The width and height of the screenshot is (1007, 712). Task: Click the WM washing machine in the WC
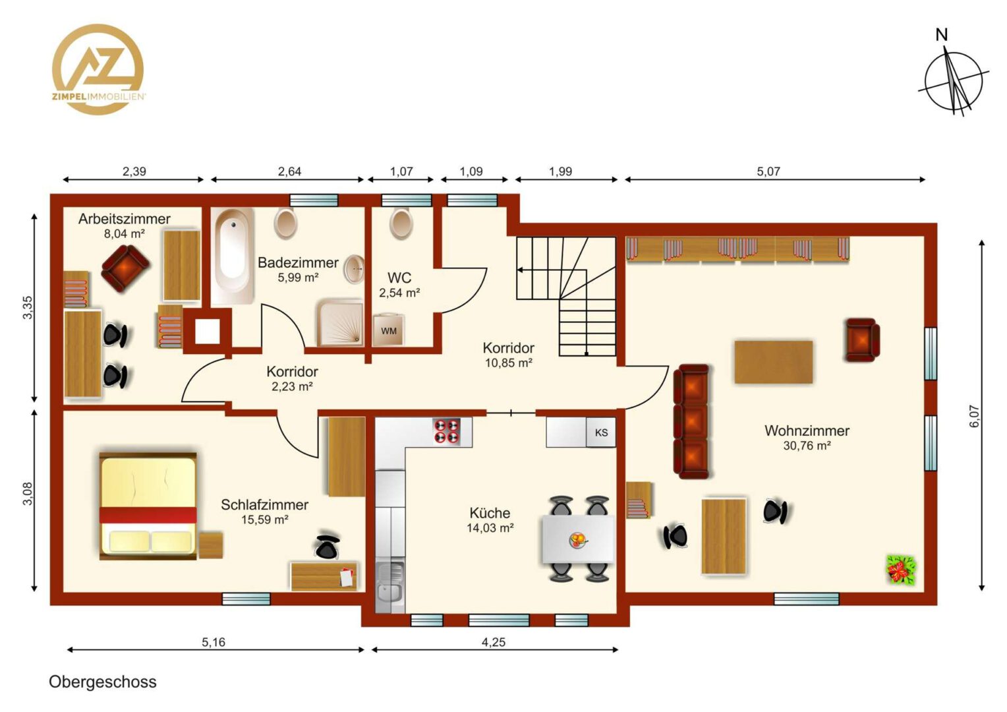(389, 330)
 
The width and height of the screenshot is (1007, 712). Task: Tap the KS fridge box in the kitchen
(601, 432)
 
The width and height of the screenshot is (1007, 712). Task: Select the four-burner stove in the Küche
(447, 432)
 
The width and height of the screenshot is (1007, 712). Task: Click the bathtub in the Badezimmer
(233, 256)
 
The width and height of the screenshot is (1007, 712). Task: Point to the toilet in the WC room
(401, 223)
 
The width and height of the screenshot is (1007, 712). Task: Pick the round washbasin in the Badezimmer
(355, 269)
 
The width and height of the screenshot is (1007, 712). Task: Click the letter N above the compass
(941, 35)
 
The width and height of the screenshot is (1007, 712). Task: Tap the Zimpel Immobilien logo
(98, 69)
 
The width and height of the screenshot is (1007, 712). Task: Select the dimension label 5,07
(768, 171)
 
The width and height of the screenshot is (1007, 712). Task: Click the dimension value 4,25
(494, 642)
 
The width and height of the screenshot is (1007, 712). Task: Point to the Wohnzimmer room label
(807, 430)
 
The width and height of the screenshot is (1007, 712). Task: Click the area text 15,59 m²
(265, 519)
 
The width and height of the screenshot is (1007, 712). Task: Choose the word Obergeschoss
(103, 682)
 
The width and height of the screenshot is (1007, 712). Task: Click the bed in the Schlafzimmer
(148, 506)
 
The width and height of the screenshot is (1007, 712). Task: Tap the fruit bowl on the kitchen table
(577, 539)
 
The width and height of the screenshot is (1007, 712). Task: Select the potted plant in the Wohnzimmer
(902, 570)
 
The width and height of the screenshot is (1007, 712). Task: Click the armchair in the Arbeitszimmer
(125, 268)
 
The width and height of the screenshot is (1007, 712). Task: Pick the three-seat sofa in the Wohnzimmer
(691, 421)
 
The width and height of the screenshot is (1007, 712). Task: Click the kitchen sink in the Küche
(390, 587)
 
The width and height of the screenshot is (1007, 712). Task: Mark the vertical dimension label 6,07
(974, 416)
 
